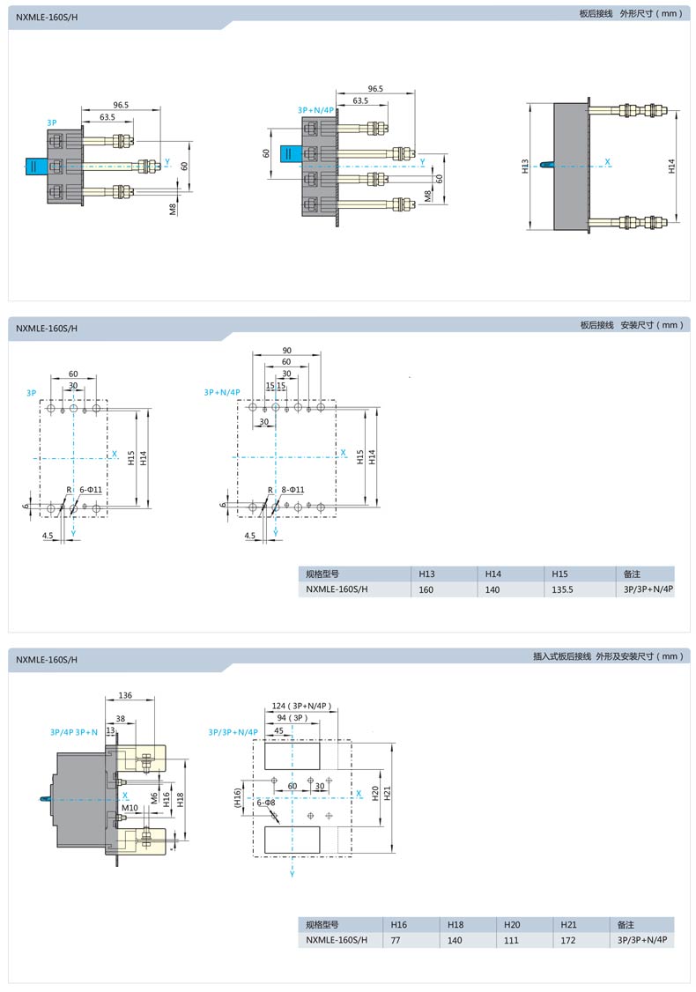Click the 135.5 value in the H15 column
click(x=562, y=589)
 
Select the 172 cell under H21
click(x=568, y=940)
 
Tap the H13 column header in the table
click(x=426, y=574)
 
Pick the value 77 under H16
click(x=396, y=940)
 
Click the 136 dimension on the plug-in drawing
click(x=125, y=695)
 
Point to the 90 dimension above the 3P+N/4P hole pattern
click(x=286, y=351)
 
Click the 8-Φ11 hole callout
click(x=293, y=490)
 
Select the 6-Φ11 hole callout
click(x=91, y=490)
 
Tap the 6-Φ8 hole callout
click(x=266, y=803)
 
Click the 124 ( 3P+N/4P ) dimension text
click(x=302, y=706)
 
